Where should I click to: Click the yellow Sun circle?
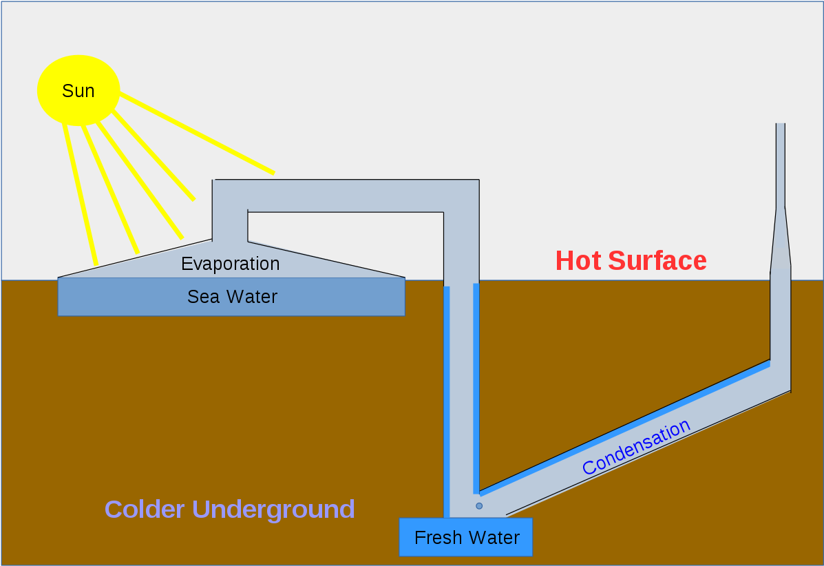pyautogui.click(x=78, y=90)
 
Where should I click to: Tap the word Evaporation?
pyautogui.click(x=230, y=264)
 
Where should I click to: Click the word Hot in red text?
pyautogui.click(x=578, y=261)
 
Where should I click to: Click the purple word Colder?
pyautogui.click(x=145, y=510)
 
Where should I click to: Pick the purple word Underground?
pyautogui.click(x=273, y=510)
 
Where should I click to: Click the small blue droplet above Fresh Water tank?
pyautogui.click(x=479, y=506)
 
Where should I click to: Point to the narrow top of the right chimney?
pyautogui.click(x=780, y=165)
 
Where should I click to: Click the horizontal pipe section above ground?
pyautogui.click(x=344, y=196)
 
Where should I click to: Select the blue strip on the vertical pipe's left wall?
pyautogui.click(x=447, y=399)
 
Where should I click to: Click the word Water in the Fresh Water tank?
pyautogui.click(x=494, y=538)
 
